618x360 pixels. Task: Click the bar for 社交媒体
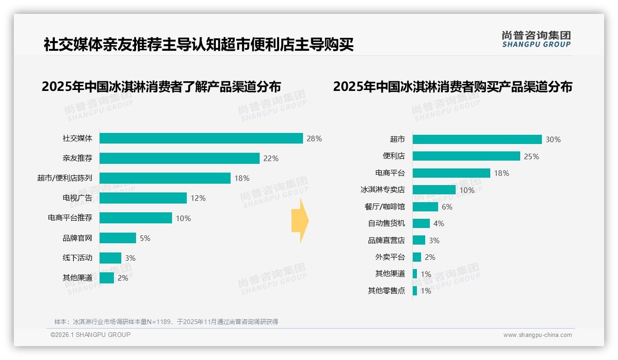click(x=201, y=138)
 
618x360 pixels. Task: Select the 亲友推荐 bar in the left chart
click(x=179, y=158)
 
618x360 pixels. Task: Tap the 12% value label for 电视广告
click(x=198, y=198)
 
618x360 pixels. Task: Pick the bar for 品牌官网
click(x=118, y=238)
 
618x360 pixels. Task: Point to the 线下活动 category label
click(x=77, y=258)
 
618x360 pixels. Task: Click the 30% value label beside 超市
click(x=553, y=139)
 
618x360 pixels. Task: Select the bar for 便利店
click(x=466, y=156)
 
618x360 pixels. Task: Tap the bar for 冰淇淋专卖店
click(x=434, y=190)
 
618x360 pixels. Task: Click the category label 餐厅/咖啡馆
click(x=385, y=207)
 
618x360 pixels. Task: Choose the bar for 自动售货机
click(x=421, y=223)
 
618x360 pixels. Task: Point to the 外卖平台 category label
click(x=390, y=257)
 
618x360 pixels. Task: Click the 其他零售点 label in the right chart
click(x=386, y=291)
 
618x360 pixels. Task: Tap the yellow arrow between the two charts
click(x=300, y=221)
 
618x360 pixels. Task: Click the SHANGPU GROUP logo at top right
click(x=536, y=39)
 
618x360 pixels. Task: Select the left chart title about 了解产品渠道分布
click(x=161, y=87)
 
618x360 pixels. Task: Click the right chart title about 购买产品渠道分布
click(x=452, y=87)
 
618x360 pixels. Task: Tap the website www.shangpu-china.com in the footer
click(x=537, y=335)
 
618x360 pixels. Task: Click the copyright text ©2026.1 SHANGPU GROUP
click(x=90, y=335)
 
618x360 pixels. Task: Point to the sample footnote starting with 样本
click(x=166, y=322)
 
